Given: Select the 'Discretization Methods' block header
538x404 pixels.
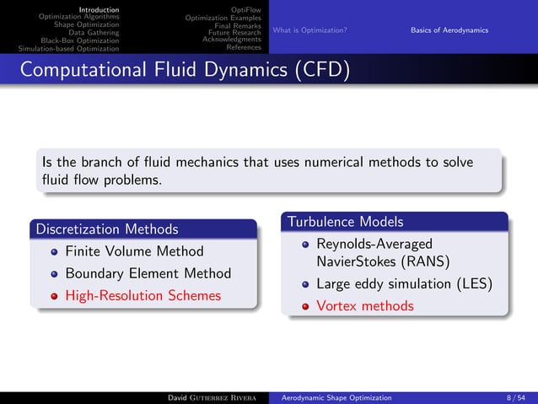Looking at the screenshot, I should (105, 229).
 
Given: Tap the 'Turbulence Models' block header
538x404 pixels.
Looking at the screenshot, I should (346, 222).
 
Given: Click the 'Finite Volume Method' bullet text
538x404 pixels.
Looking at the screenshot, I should (134, 251).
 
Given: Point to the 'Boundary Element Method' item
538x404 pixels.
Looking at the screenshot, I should (148, 273).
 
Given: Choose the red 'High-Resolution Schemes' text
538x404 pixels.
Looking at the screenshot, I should (143, 296).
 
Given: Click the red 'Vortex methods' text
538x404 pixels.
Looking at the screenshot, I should (365, 305).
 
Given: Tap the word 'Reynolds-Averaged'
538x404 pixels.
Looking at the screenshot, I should (374, 244).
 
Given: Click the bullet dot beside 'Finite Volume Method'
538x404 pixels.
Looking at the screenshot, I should (55, 251).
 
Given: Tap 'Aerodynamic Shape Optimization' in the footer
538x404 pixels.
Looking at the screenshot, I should (336, 396).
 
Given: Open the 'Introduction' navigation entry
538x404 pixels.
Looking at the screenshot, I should (99, 10).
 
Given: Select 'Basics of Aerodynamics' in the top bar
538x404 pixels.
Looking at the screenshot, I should (449, 31).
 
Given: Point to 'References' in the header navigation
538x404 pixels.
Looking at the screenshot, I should (242, 47).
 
